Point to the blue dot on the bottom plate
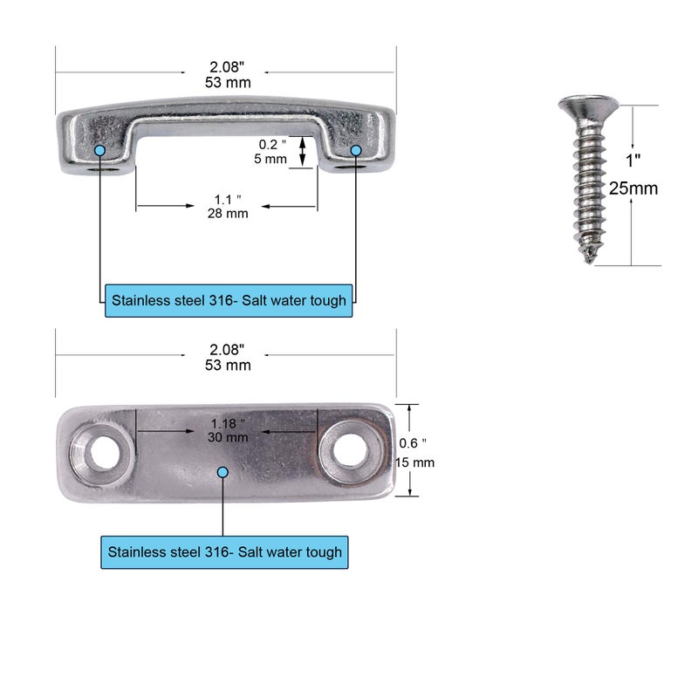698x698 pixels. click(x=222, y=472)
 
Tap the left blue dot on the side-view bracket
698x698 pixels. click(x=100, y=151)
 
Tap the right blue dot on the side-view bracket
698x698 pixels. click(x=356, y=151)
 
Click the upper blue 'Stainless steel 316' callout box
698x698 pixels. click(x=229, y=300)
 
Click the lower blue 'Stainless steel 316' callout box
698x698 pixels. click(x=225, y=552)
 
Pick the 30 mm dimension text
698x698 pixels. click(x=227, y=438)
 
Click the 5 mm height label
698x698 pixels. click(x=271, y=159)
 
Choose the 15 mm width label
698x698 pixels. click(x=415, y=462)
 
